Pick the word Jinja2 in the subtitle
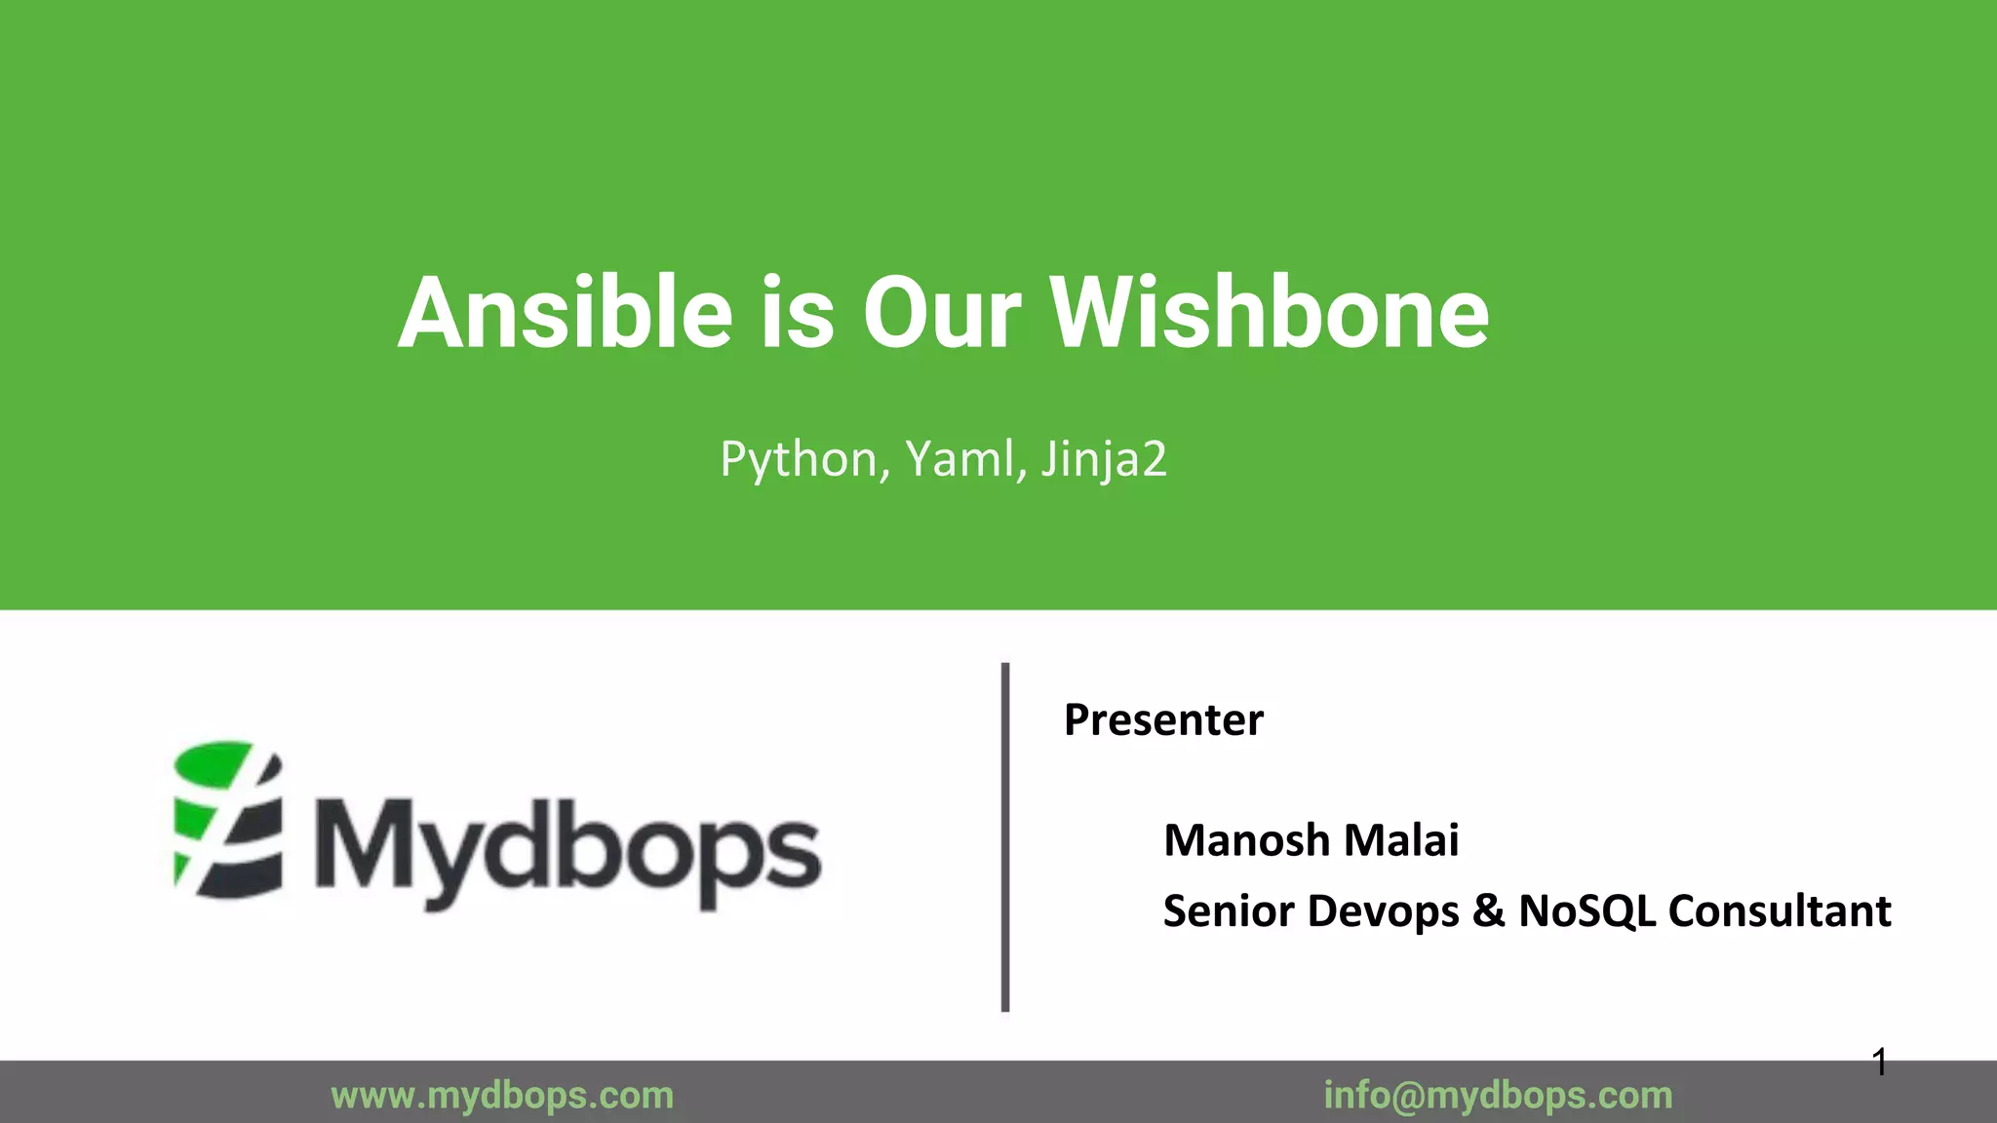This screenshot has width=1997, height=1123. click(x=1103, y=459)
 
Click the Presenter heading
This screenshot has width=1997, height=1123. click(x=1163, y=720)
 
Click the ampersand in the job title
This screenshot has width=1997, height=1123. click(x=1488, y=911)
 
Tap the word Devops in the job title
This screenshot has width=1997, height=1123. click(x=1383, y=911)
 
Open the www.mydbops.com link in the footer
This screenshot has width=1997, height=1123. click(x=502, y=1096)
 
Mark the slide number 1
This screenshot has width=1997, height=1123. click(x=1880, y=1063)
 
